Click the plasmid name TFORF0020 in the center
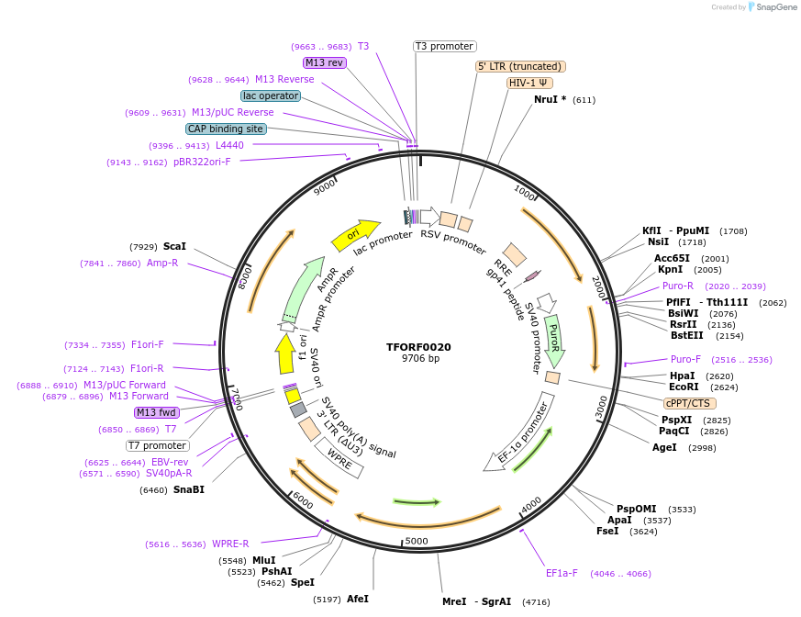[x=418, y=347]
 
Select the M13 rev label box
[x=324, y=62]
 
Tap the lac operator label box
[x=271, y=95]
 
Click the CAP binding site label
[x=226, y=129]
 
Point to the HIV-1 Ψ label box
[x=529, y=83]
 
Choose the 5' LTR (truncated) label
[x=520, y=66]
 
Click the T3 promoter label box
[x=444, y=46]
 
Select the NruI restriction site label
[x=550, y=99]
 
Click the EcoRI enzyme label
[x=684, y=387]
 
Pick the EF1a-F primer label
[x=562, y=573]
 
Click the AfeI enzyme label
[x=358, y=599]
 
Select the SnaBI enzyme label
[x=189, y=489]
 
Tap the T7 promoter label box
[x=158, y=445]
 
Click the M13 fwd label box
[x=157, y=412]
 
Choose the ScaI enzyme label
[x=174, y=246]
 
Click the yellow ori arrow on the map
[x=355, y=235]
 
